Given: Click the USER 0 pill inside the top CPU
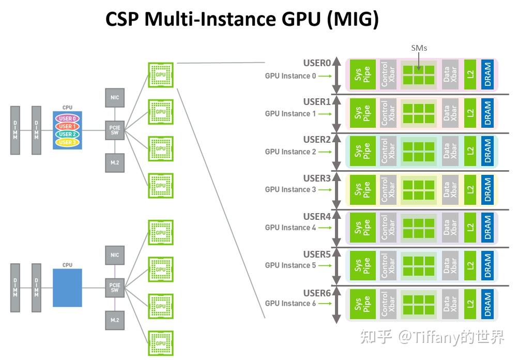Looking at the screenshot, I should coord(67,119).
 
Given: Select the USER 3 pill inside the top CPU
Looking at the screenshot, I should coord(67,142).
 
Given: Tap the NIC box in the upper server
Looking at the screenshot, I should coord(115,97).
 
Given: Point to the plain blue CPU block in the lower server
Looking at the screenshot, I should coord(67,288).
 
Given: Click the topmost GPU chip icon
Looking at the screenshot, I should coord(161,74).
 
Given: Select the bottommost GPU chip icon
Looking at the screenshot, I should coord(161,343).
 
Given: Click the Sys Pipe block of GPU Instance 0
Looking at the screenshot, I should coord(362,75).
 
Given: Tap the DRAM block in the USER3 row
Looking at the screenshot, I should coord(486,189).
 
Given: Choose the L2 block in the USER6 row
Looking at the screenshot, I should coord(470,303).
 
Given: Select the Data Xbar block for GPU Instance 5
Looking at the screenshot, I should coord(450,265).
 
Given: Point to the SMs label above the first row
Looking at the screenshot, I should coord(419,48).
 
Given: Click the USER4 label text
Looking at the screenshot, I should coord(316,216).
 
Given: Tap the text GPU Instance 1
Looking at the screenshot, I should coord(290,114).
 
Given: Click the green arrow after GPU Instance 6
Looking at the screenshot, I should coord(325,304).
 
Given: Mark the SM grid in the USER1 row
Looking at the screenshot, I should coord(419,113).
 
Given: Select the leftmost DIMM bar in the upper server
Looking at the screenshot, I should coord(16,130).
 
